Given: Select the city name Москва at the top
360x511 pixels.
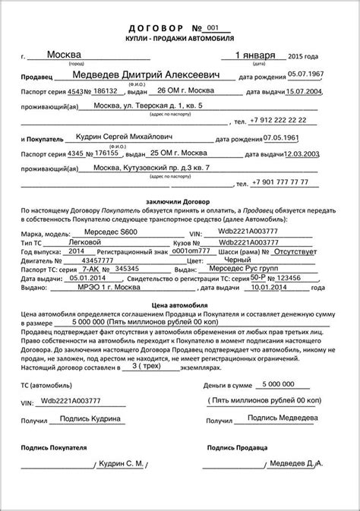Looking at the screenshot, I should point(65,55).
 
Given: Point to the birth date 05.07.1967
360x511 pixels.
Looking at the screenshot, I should point(307,76).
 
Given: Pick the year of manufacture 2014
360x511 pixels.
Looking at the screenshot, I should point(76,249).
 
